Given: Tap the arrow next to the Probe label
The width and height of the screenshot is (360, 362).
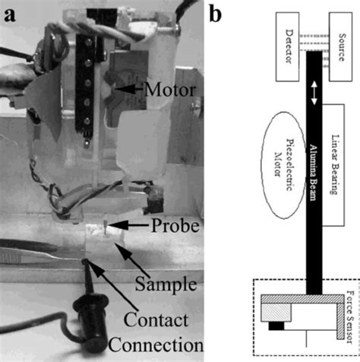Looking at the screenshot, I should coord(119,227).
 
